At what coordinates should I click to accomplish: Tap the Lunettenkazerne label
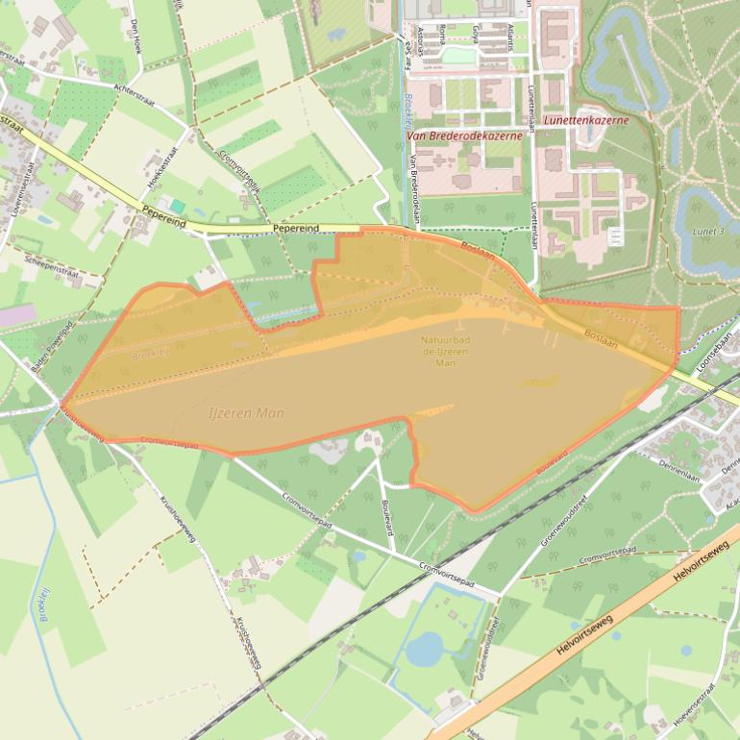tap(585, 121)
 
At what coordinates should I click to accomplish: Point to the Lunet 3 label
tap(709, 232)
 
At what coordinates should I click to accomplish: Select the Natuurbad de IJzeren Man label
tap(445, 351)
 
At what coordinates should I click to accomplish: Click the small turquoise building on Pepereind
tap(177, 206)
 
